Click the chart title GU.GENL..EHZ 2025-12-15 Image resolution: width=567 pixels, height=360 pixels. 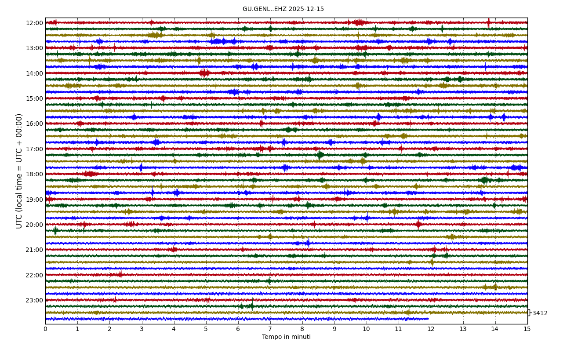coord(283,9)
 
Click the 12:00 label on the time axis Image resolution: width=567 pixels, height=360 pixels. coord(34,23)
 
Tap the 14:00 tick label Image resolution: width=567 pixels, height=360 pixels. coord(34,73)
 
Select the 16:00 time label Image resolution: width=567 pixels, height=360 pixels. coord(34,124)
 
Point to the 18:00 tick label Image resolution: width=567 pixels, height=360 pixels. coord(34,174)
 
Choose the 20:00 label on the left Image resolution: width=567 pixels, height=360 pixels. coord(34,225)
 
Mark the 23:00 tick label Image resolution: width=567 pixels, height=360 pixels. coord(34,300)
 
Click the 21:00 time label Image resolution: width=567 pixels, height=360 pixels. coord(34,250)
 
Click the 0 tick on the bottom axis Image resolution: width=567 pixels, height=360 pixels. coord(45,329)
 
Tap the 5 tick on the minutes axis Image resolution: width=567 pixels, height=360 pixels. coord(206,329)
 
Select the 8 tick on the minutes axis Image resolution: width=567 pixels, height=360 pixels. coord(302,329)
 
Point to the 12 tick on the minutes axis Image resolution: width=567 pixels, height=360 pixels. coord(431,329)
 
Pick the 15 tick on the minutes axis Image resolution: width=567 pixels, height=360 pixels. coord(527,329)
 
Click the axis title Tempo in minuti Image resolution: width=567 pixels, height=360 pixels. coord(286,337)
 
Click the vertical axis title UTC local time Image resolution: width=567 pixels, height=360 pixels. coord(19,171)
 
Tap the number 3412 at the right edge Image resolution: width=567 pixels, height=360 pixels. coord(540,313)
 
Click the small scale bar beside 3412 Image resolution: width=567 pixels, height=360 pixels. coord(529,313)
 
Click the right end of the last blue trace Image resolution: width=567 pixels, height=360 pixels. coord(428,319)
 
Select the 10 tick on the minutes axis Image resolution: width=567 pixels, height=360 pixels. coord(367,329)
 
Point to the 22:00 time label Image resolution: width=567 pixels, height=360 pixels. coord(34,275)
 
